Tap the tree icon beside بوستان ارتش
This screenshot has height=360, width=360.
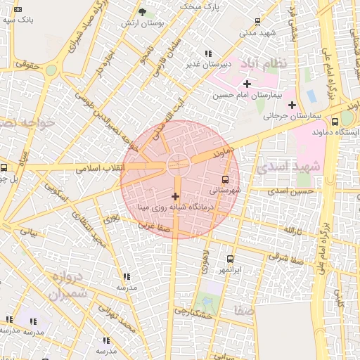pyautogui.click(x=142, y=13)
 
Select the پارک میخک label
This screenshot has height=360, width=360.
pyautogui.click(x=200, y=6)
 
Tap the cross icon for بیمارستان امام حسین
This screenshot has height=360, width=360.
pyautogui.click(x=247, y=84)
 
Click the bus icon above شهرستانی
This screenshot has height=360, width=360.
pyautogui.click(x=225, y=179)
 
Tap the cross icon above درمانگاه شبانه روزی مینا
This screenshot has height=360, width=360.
pyautogui.click(x=175, y=195)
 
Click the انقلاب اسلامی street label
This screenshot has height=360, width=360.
pyautogui.click(x=104, y=168)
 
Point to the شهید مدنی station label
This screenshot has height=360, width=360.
pyautogui.click(x=257, y=32)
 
